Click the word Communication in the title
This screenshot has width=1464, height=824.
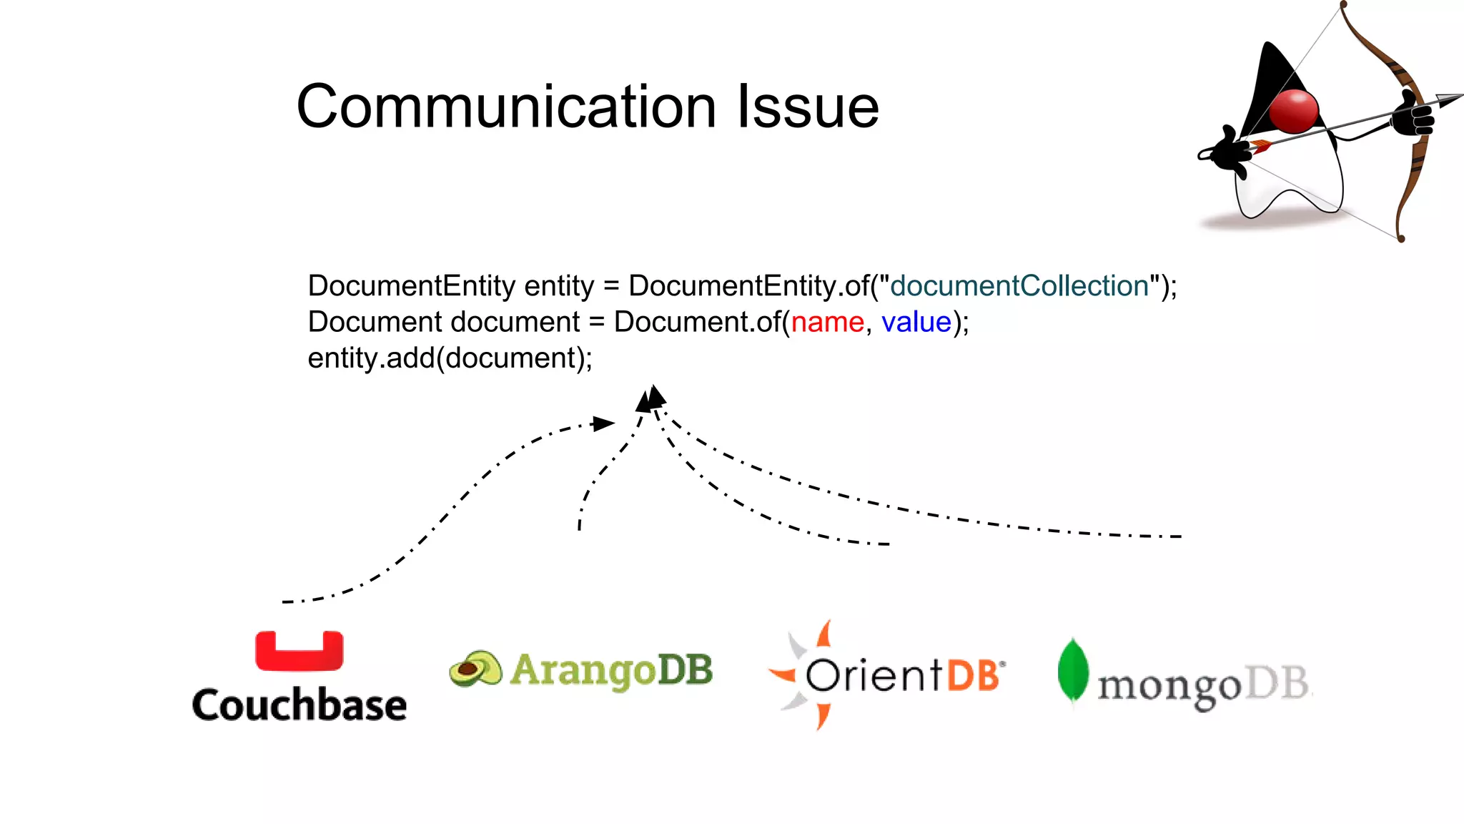(x=506, y=107)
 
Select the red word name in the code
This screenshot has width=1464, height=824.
(x=827, y=323)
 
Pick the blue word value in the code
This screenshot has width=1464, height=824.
(x=916, y=323)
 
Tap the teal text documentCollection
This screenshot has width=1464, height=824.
(x=1019, y=286)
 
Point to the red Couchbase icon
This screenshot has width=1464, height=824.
(x=299, y=652)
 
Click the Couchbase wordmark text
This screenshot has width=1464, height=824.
(x=299, y=705)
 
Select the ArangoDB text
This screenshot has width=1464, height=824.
(x=612, y=670)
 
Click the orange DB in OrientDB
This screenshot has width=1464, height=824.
(x=973, y=675)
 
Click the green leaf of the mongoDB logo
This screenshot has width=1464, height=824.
(x=1072, y=670)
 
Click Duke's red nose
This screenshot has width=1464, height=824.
(x=1294, y=111)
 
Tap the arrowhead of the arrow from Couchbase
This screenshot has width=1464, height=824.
(x=604, y=423)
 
